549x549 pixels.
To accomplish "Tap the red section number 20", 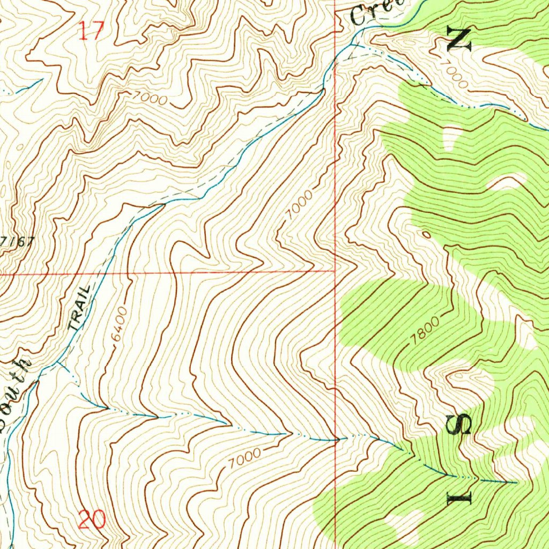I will [92, 520].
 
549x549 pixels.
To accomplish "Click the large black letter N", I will [460, 40].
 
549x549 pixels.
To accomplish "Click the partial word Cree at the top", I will [375, 12].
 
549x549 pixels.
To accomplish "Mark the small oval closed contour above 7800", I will [426, 234].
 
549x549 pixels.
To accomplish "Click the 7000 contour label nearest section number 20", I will [244, 458].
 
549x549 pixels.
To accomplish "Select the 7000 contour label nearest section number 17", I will [148, 99].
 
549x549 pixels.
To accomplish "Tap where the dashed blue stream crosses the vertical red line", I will [336, 440].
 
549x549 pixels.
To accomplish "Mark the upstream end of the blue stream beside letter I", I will [516, 483].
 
